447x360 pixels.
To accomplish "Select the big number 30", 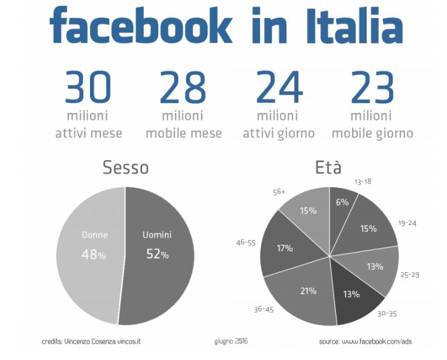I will (x=88, y=88).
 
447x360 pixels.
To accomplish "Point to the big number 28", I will (x=183, y=88).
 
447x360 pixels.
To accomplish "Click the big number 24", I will (x=278, y=88).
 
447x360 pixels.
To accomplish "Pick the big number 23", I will (x=372, y=88).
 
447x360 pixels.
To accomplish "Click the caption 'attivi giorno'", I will (x=278, y=133).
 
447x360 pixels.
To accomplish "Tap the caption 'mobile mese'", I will (x=184, y=133).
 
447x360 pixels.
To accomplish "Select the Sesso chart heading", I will (x=126, y=167).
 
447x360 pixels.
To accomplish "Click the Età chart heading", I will (x=328, y=167).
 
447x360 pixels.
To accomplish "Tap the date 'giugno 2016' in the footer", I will (x=231, y=341).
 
